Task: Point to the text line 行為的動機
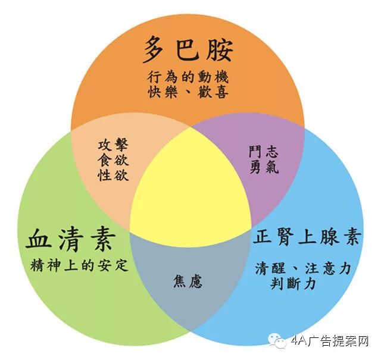188,78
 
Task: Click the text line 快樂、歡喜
188,93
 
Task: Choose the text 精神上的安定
79,265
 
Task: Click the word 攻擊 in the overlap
113,146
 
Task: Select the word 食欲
113,161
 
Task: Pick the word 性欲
113,176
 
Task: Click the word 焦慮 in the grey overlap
188,280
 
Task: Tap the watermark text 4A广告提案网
330,342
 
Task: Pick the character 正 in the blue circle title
263,237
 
